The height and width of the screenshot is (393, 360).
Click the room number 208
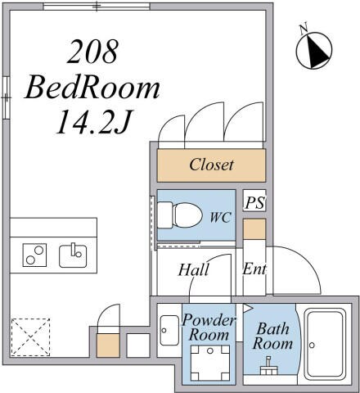tap(92, 52)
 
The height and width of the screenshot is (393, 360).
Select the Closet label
tap(211, 165)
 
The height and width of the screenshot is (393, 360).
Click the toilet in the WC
tap(180, 215)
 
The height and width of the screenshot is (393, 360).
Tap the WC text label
tap(221, 217)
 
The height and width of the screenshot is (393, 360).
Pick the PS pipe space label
tap(254, 203)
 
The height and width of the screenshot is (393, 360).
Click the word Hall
tap(194, 269)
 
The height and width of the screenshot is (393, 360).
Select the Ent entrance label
tap(254, 269)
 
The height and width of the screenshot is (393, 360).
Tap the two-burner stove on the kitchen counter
tap(34, 255)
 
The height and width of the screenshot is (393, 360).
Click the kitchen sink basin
tap(73, 256)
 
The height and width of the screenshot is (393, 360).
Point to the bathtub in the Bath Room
tap(325, 345)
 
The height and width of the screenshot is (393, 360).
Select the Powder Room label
tap(209, 327)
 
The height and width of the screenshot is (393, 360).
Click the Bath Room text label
tap(272, 336)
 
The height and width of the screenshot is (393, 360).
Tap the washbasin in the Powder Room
tap(169, 330)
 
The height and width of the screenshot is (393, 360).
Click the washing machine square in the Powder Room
tap(210, 363)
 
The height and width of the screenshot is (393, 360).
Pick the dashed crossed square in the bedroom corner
tap(30, 337)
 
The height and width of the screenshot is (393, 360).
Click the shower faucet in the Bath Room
tap(269, 366)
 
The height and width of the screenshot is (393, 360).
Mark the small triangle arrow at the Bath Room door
tap(248, 309)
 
